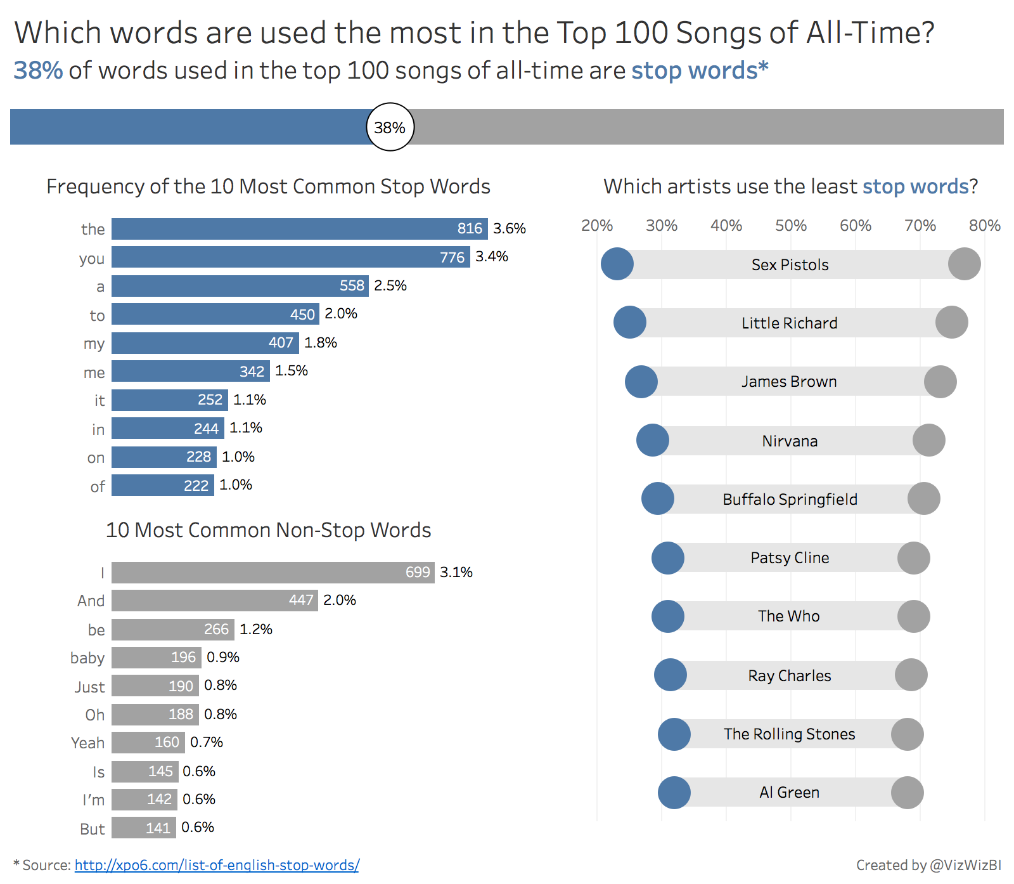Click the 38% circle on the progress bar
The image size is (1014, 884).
point(390,127)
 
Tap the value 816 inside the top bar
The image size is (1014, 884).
point(470,228)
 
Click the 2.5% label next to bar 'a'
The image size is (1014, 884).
point(390,285)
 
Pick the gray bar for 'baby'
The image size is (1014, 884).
point(156,658)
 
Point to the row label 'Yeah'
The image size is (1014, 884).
point(87,743)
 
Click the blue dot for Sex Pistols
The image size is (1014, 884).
point(617,264)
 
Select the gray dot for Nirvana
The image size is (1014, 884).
point(929,440)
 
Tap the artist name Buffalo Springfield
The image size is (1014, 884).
point(790,499)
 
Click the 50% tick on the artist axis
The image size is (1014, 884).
point(791,225)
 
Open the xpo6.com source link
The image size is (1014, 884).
point(217,865)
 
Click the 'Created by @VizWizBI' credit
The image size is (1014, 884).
point(928,865)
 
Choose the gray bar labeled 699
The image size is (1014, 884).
point(273,573)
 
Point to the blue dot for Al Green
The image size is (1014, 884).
point(674,793)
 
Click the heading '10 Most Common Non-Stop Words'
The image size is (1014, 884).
point(268,530)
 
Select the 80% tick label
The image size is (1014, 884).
point(984,225)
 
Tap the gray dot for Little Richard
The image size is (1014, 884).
point(952,322)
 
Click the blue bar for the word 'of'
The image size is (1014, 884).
point(162,486)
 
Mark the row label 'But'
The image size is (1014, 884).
point(93,829)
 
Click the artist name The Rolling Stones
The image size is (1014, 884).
point(790,734)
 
